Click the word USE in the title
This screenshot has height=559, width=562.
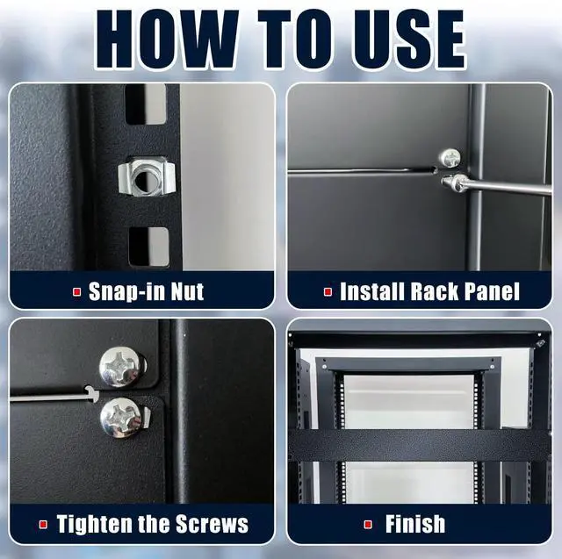[x=400, y=39]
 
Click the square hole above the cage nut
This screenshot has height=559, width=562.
[x=146, y=104]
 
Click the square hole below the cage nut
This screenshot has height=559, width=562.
[x=148, y=246]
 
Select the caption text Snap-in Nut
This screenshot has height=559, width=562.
[x=146, y=291]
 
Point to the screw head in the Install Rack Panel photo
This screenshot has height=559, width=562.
[x=450, y=158]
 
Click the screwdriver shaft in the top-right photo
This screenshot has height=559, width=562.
[x=509, y=186]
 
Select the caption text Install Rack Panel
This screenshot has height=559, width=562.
[x=429, y=291]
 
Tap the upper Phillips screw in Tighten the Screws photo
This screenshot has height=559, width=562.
[x=121, y=365]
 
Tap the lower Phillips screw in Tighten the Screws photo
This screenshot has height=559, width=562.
[x=121, y=417]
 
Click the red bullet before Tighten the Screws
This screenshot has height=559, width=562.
[x=43, y=526]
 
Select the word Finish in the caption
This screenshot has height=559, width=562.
[x=415, y=525]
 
